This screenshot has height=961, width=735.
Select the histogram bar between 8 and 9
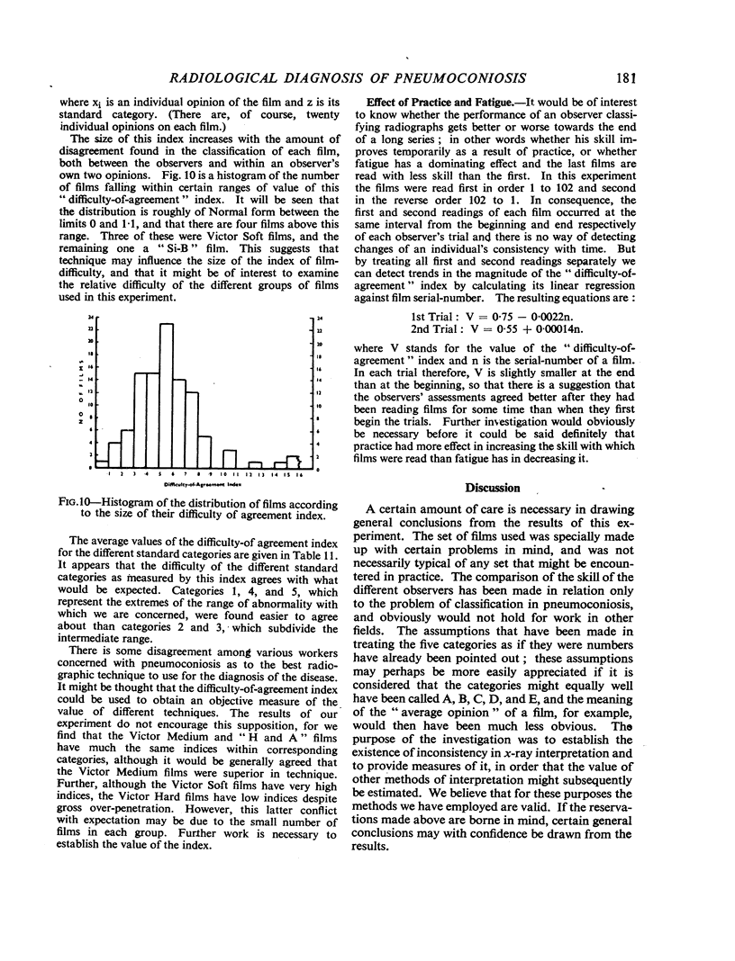coord(204,450)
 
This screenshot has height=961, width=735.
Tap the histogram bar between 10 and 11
coord(230,457)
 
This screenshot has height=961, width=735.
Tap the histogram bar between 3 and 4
coord(141,418)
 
